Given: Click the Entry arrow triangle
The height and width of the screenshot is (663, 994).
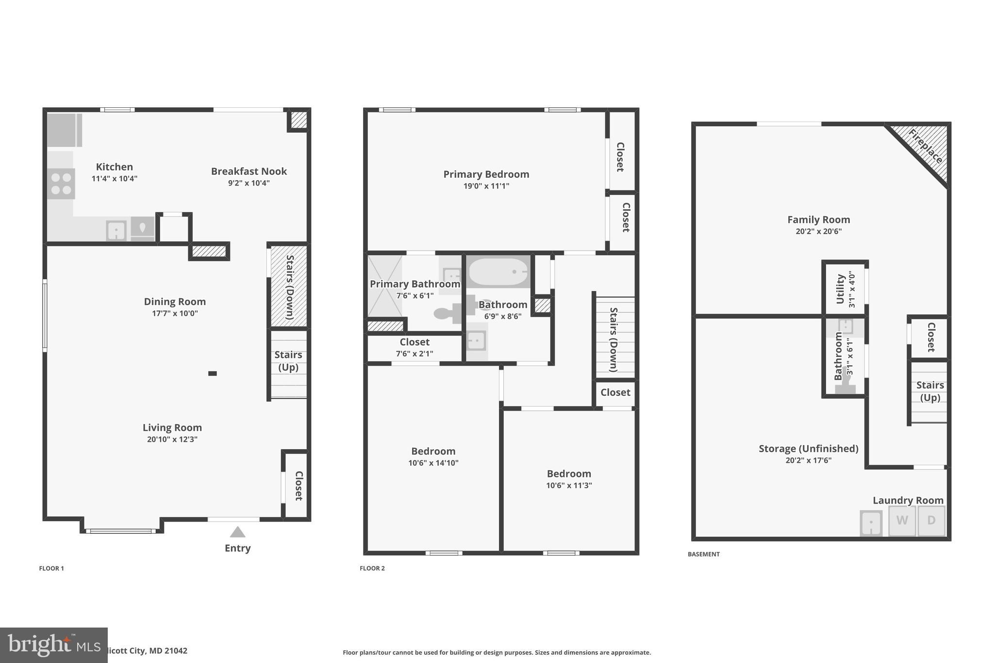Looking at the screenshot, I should point(237,532).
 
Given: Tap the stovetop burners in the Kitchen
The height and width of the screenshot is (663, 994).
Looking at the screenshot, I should point(61,184).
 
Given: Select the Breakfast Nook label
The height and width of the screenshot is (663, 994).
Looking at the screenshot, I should point(248,171).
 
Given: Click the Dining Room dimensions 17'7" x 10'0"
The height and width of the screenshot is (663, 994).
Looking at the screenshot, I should point(175,313).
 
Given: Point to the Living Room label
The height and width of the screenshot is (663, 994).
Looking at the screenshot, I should point(172,427).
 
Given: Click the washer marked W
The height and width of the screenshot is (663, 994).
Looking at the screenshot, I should point(902,521).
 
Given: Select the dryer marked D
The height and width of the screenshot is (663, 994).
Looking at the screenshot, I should point(931,521).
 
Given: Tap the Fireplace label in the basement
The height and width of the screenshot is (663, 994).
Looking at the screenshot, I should point(925,147).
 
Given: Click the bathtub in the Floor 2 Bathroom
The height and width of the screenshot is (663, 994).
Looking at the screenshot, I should point(498,272).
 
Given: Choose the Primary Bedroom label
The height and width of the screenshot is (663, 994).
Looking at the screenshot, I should point(486,174).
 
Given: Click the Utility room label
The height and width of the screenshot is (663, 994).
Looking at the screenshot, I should point(841,289).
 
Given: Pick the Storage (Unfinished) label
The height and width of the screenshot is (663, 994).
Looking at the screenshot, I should point(808,449).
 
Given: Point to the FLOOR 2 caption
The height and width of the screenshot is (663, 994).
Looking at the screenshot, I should point(372,568).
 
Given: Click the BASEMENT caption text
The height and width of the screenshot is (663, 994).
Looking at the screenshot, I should point(703,554).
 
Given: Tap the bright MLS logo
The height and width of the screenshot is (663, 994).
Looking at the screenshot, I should point(53,645).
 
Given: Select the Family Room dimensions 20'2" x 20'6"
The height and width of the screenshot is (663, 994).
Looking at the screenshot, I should point(818,232).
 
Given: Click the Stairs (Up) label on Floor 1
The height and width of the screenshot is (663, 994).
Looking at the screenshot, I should point(288,361).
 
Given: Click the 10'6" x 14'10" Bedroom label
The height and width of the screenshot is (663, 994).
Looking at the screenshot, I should point(433,451).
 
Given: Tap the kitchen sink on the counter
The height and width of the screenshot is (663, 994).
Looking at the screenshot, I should point(116,230).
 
